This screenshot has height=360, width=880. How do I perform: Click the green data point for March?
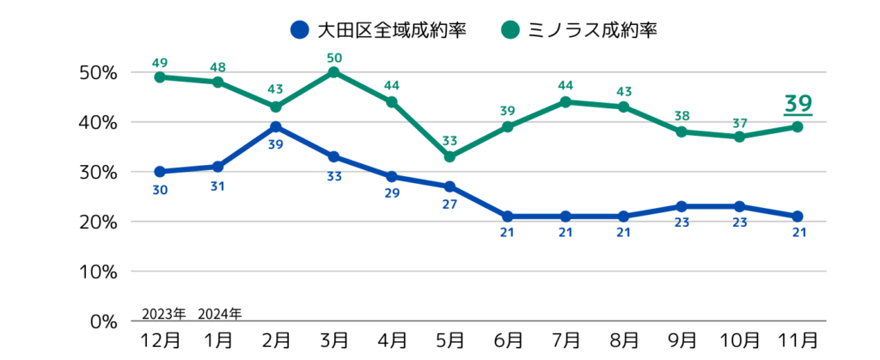[333, 72]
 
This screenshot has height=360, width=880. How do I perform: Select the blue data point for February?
[276, 127]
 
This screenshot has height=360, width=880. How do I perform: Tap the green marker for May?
[449, 156]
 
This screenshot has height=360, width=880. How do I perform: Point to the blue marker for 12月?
[160, 172]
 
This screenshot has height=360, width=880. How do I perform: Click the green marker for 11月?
[797, 126]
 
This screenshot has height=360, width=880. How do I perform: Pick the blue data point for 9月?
[681, 206]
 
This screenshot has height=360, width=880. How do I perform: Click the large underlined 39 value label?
[797, 104]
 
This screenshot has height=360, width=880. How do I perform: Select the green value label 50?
[333, 57]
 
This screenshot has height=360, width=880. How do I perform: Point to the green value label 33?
[449, 140]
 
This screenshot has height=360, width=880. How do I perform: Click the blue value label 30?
[160, 189]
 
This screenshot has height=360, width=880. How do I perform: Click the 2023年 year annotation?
[162, 313]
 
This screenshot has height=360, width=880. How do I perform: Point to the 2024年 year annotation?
[219, 313]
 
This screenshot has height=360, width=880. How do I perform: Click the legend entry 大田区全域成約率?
[378, 32]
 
